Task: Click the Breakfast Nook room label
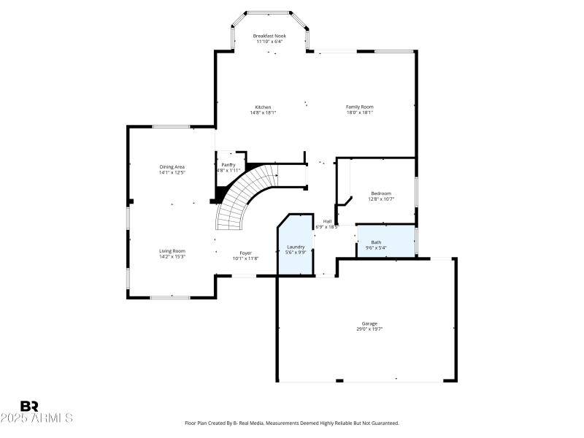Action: point(269,36)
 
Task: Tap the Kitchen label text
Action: point(263,107)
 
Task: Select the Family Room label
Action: point(359,107)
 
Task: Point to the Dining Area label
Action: point(172,167)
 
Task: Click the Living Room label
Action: point(172,251)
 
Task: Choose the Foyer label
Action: point(246,253)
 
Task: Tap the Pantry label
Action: point(228,165)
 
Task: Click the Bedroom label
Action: point(380,193)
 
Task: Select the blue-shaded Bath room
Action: point(385,241)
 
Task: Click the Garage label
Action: point(369,323)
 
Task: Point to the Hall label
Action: point(328,221)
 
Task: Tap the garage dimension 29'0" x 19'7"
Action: point(369,329)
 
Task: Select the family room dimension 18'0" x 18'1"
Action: point(359,113)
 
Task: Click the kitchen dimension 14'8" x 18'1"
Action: point(263,113)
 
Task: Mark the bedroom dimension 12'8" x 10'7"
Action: point(380,199)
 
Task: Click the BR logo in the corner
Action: point(29,406)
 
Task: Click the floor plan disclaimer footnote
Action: point(292,423)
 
